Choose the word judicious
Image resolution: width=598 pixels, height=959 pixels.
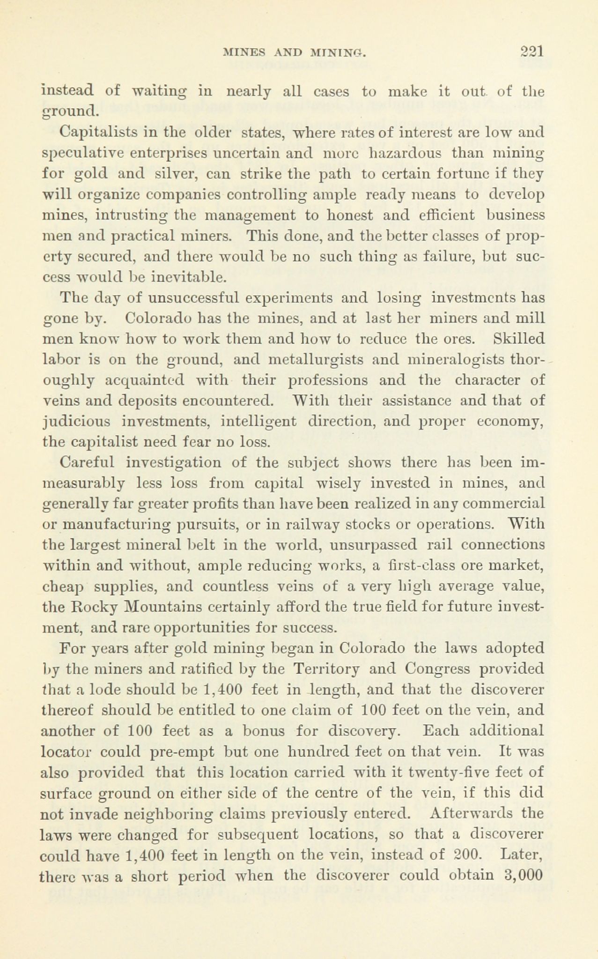click(x=76, y=422)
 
